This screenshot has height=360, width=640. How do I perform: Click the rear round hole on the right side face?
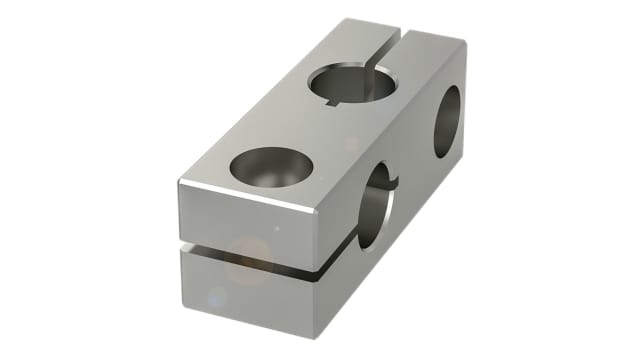tap(447, 121)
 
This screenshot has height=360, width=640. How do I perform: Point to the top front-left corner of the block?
tap(180, 181)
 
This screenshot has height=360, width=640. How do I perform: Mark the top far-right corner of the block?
tap(465, 42)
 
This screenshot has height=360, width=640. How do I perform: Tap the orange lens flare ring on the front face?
tap(248, 258)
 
